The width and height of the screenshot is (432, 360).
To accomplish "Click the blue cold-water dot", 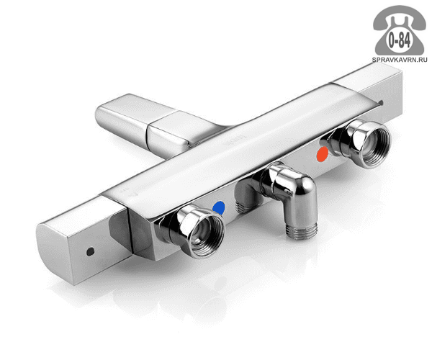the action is coord(219,208).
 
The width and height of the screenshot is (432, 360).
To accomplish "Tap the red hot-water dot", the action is coord(323,153).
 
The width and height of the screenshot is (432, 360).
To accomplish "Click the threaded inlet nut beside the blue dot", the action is coord(197,231).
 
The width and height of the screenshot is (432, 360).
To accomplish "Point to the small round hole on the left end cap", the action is coord(90,251).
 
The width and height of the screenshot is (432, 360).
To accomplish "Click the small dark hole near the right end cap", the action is coord(382,103).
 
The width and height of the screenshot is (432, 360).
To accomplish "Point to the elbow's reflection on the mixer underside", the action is coord(246,199).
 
